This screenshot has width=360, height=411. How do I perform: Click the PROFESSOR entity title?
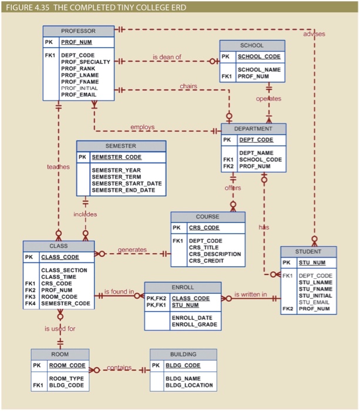(78, 31)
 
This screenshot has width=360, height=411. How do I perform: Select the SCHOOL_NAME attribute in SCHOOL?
(259, 69)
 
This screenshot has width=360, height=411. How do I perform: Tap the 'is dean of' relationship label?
(167, 57)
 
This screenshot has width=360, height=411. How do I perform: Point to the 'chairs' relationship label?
(188, 86)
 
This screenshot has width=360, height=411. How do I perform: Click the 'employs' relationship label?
(142, 127)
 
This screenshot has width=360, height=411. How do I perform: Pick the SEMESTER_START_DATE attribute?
(126, 184)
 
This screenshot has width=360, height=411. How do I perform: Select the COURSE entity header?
(207, 216)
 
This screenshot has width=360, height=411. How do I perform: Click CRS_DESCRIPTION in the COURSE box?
(214, 254)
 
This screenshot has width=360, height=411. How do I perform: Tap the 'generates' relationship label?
(132, 250)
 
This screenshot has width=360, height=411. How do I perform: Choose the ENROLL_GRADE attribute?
(194, 324)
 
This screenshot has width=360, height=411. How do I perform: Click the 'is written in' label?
(250, 294)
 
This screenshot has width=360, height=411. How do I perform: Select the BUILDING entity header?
(183, 355)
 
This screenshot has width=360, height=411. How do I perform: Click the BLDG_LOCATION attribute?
(189, 386)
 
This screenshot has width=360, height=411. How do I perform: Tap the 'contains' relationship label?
(119, 368)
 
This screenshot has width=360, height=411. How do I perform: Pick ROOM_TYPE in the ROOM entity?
(66, 379)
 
